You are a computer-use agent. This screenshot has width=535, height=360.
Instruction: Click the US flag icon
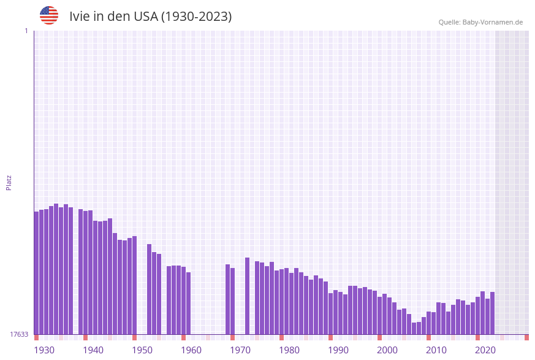(x=49, y=15)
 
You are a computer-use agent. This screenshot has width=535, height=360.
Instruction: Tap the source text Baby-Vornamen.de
(x=493, y=22)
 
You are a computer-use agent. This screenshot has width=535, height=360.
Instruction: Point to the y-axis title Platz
(x=9, y=182)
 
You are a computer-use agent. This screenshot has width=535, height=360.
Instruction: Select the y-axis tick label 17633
(x=19, y=334)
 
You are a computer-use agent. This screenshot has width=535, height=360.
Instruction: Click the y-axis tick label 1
(x=26, y=31)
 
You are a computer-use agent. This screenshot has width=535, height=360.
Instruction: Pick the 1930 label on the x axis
(x=44, y=350)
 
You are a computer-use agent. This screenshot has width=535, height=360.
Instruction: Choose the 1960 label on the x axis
(x=191, y=350)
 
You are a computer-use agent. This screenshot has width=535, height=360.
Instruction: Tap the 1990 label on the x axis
(x=338, y=350)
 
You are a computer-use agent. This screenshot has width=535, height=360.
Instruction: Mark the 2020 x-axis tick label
(x=485, y=350)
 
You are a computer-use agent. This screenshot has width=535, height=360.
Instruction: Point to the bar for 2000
(x=380, y=315)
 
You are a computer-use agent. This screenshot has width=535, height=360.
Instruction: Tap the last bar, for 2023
(x=493, y=313)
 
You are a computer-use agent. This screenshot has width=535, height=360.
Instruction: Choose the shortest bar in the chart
(x=414, y=328)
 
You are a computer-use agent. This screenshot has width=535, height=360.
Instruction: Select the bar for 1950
(x=135, y=285)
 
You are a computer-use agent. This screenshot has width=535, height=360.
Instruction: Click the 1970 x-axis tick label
(x=240, y=350)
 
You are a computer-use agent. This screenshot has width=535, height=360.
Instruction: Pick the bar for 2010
(x=429, y=323)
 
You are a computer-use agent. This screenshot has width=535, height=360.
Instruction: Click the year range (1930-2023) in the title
(x=196, y=17)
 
